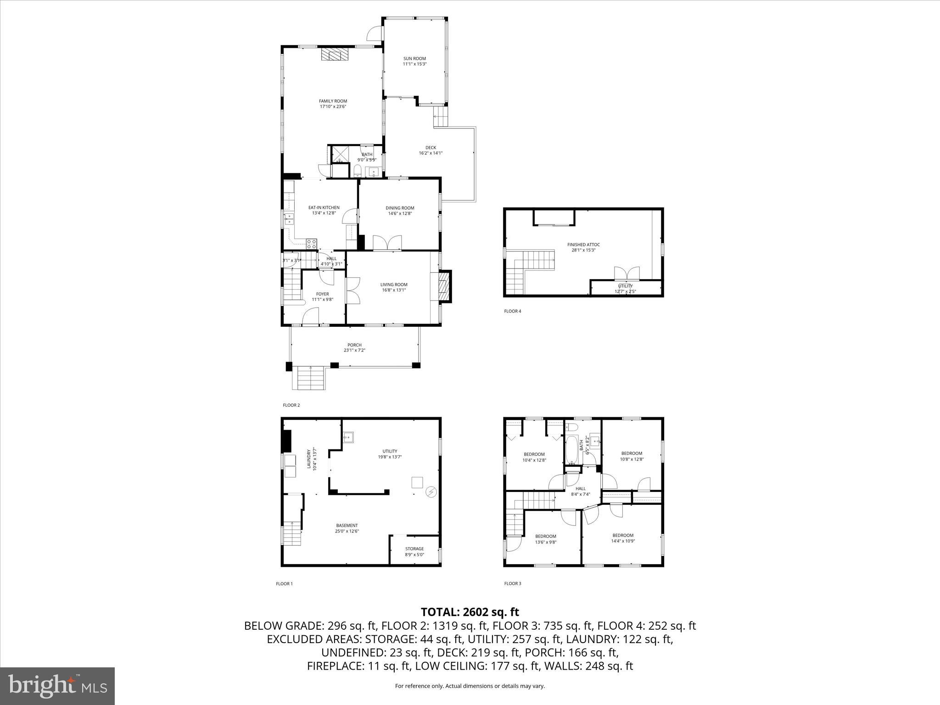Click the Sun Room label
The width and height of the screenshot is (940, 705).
point(414,59)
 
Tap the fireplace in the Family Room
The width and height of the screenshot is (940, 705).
point(334,55)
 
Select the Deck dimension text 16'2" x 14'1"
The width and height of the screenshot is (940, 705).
point(431,153)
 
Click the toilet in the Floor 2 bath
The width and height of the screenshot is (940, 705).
point(357,172)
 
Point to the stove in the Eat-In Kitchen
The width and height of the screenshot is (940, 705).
point(311,244)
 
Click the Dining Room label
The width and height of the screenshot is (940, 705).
point(400,208)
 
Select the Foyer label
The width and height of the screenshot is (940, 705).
point(322,294)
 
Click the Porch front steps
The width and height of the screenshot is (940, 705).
point(312,378)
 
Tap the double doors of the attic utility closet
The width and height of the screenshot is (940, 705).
point(626,274)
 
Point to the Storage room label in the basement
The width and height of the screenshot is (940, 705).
point(414,548)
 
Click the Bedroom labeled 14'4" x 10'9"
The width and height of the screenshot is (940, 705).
point(623,535)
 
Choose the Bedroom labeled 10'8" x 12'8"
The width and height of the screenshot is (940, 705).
point(632,453)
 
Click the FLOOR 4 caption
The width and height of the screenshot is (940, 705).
point(513,311)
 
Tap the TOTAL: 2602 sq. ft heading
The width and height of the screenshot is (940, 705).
point(470,612)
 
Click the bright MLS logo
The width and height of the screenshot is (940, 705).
point(57,686)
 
